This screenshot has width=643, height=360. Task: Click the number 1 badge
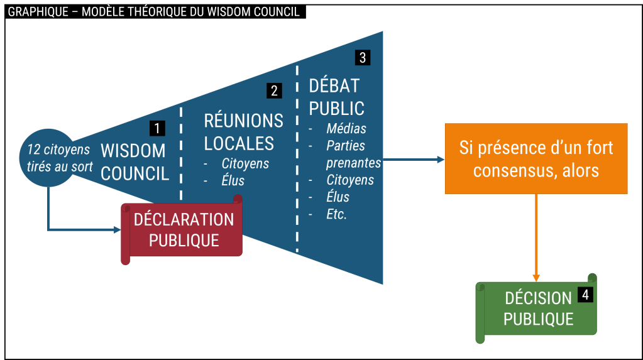tap(157, 128)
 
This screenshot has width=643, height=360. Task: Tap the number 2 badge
tap(273, 90)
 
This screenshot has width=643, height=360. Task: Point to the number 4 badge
tap(585, 295)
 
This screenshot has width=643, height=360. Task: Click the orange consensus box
tap(536, 159)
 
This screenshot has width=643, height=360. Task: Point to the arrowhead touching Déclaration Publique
tap(116, 229)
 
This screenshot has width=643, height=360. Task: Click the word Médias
tap(346, 129)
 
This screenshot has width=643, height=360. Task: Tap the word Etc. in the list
tap(337, 214)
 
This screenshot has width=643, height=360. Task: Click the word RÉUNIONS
tap(244, 121)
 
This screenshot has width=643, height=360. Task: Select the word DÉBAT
tap(334, 85)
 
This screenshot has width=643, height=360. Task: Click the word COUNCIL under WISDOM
tap(135, 173)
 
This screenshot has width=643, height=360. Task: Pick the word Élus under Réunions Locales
tap(233, 181)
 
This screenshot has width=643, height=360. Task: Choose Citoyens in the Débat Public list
tap(350, 180)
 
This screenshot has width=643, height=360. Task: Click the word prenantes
tap(353, 163)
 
